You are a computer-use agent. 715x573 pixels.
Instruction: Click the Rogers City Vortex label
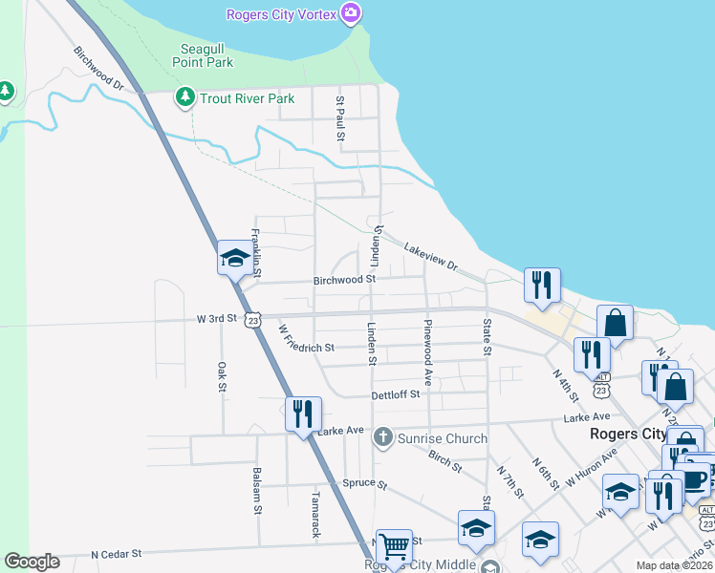(x=282, y=14)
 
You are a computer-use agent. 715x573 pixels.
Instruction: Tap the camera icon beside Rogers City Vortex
(x=351, y=13)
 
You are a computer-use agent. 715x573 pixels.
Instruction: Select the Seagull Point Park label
(x=203, y=55)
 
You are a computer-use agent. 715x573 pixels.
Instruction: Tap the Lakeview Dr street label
(x=431, y=257)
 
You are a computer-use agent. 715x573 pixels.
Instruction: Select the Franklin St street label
(x=255, y=247)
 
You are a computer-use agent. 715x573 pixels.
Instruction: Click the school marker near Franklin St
(x=235, y=258)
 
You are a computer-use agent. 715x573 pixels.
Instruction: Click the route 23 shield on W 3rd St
(x=251, y=321)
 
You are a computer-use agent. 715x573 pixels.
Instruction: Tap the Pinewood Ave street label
(x=428, y=340)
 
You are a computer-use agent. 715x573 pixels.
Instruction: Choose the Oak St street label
(x=221, y=375)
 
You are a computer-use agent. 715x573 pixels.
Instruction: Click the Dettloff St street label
(x=396, y=394)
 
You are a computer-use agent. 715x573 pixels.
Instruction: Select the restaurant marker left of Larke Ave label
(x=303, y=414)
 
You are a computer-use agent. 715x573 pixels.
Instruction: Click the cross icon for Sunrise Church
(x=382, y=438)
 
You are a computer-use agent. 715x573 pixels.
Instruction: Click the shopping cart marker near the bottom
(x=394, y=547)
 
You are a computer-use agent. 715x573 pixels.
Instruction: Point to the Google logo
(x=32, y=562)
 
